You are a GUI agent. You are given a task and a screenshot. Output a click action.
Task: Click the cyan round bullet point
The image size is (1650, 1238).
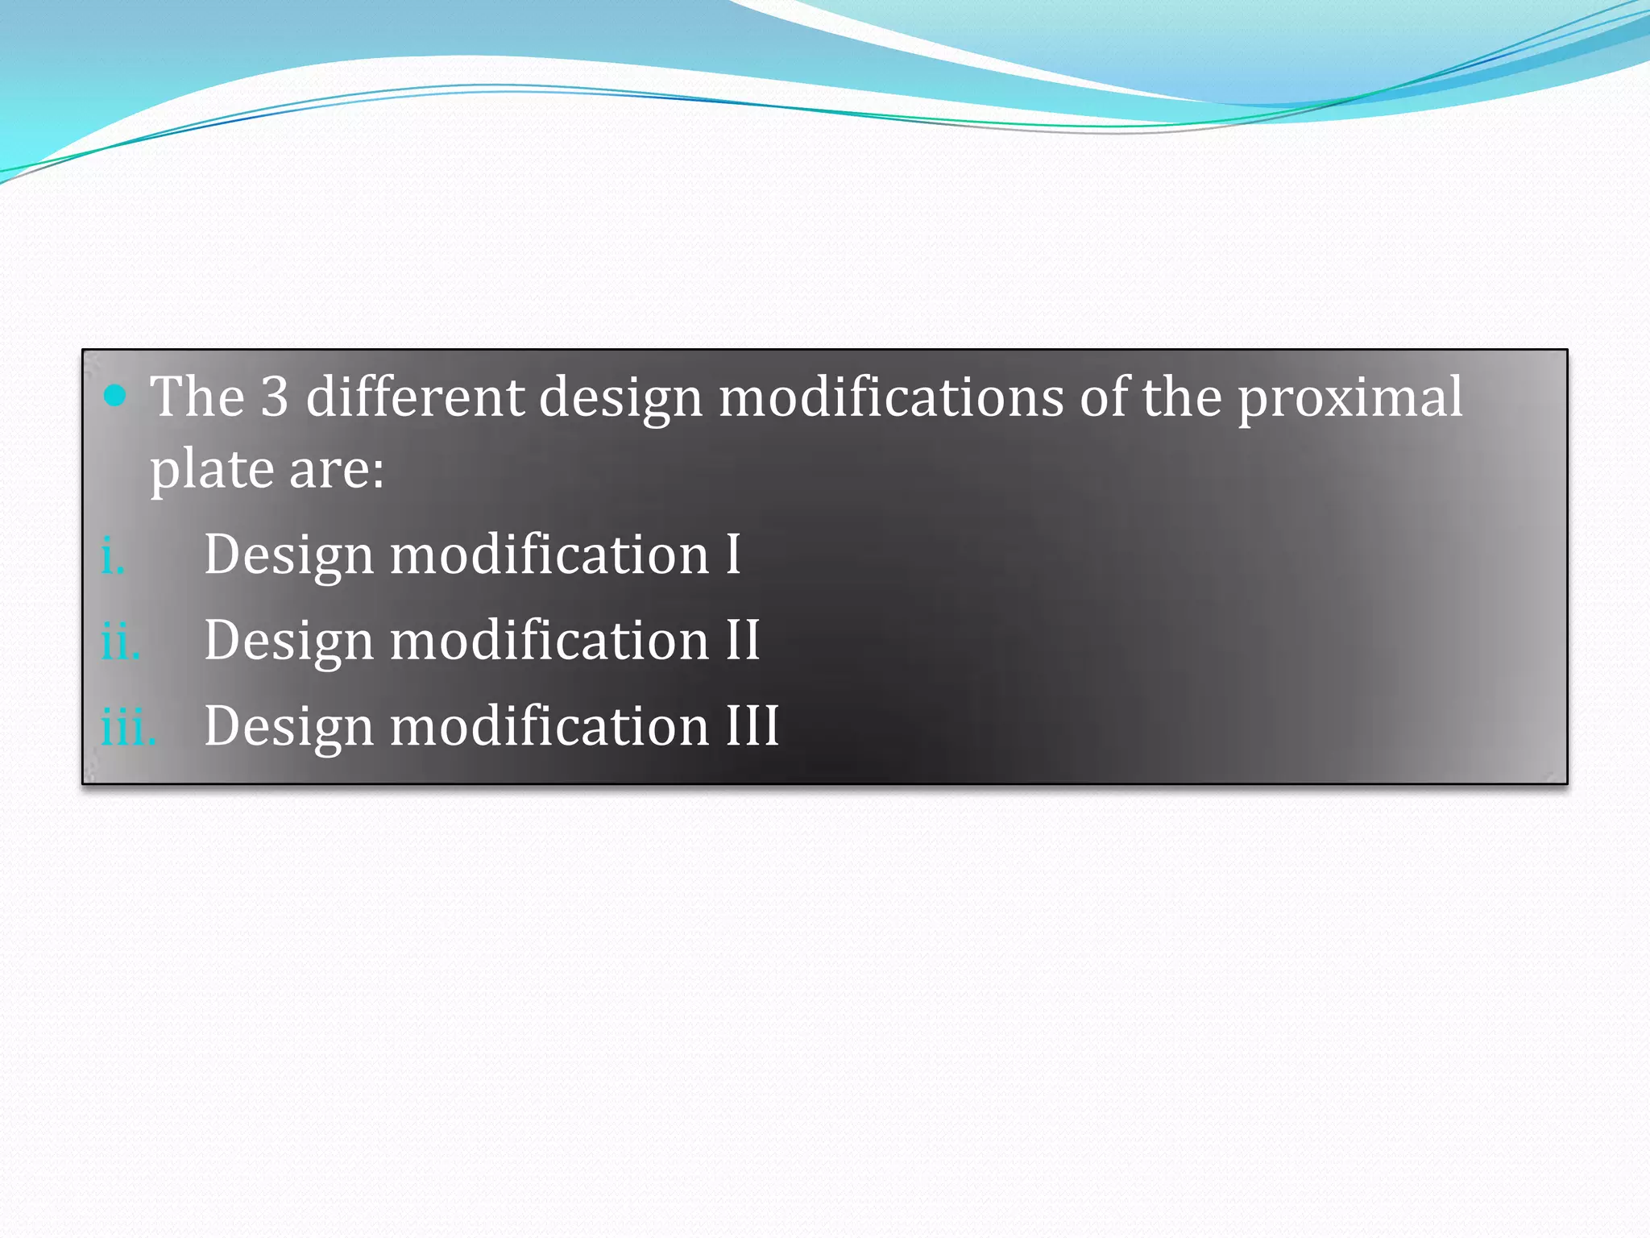(116, 395)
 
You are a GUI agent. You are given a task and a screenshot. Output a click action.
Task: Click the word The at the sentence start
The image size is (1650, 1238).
(197, 397)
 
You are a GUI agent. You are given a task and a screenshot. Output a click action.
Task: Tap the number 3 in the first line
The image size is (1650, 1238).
(275, 397)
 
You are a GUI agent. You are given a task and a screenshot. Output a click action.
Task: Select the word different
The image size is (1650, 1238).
(415, 397)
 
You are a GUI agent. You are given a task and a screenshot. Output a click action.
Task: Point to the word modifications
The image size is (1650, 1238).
(891, 397)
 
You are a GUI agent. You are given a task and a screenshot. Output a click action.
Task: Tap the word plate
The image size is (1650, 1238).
(212, 470)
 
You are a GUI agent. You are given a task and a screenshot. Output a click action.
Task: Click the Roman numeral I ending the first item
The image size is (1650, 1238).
(732, 555)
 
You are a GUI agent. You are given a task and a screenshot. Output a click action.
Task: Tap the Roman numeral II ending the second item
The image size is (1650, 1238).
(743, 640)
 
